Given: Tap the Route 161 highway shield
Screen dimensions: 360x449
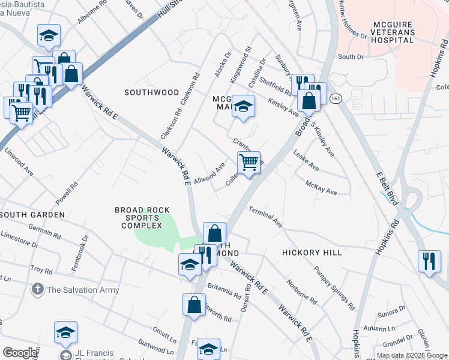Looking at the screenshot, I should (x=335, y=98).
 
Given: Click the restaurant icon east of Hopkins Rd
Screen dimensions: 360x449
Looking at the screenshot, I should (x=430, y=261).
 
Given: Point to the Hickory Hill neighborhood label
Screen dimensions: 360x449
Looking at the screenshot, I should (x=312, y=253).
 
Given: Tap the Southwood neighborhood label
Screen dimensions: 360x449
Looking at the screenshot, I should (x=151, y=92).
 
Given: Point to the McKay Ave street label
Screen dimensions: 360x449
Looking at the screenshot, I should (x=321, y=188).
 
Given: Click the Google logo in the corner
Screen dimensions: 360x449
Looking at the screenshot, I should (x=20, y=353).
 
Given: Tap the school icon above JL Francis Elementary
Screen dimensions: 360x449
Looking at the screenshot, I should (x=66, y=332).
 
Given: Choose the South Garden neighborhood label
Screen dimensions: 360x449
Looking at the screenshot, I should (x=32, y=214).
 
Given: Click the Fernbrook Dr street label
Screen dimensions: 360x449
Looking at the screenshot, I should (x=79, y=253).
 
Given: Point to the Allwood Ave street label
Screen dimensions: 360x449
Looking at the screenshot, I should (x=209, y=173).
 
